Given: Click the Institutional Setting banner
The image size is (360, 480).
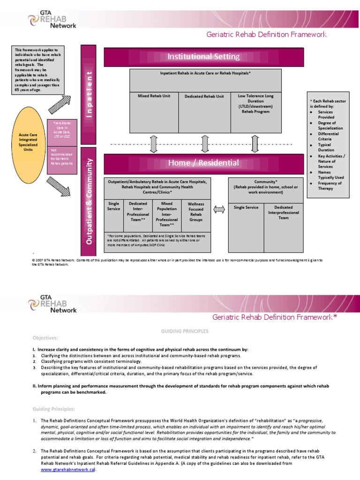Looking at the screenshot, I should coord(203,57).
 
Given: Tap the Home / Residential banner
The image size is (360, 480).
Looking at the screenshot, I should coord(203,163).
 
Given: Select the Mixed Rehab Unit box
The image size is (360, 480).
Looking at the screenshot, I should coord(154,112).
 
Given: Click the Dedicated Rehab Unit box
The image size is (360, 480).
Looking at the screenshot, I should coord(204,112).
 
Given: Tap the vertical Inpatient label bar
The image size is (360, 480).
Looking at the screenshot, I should coord(89,95).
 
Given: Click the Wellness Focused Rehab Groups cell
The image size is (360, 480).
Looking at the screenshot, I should coord(196,212).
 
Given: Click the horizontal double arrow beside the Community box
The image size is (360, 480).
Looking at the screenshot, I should coord(219,210).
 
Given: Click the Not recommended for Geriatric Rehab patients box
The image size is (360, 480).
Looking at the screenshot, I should coord(62,159).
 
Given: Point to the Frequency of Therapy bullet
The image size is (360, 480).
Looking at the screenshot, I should coord(330,186).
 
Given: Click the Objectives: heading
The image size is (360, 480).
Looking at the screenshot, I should coord(45,338).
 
